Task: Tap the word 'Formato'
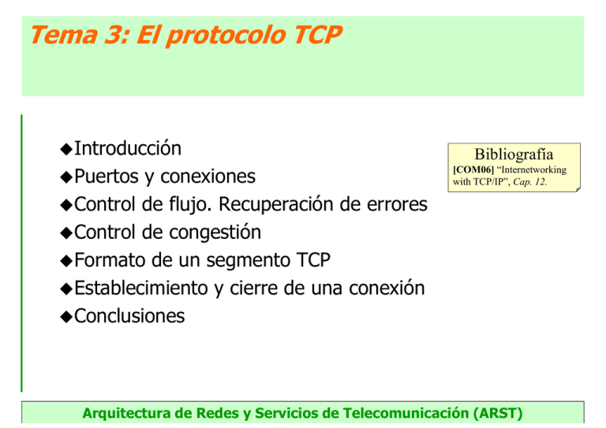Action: point(110,260)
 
